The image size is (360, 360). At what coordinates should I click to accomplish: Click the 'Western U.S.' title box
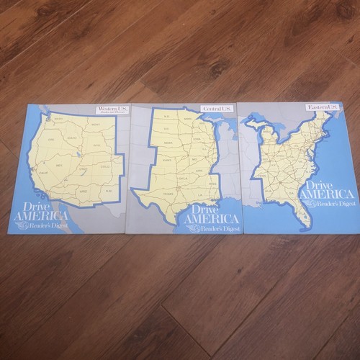(113, 110)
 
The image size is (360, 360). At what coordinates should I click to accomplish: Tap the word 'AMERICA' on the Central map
(211, 218)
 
